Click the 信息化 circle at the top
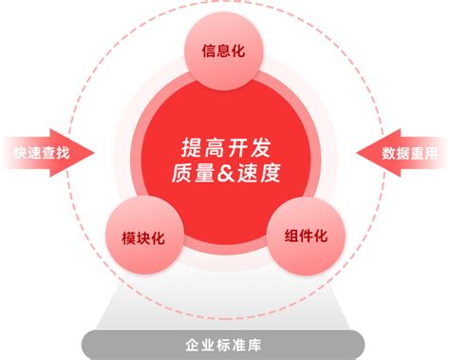(224, 50)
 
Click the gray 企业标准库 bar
(225, 343)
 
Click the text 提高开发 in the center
(225, 148)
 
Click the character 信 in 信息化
(208, 50)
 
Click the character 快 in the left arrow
(19, 153)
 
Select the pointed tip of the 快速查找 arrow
(94, 153)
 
